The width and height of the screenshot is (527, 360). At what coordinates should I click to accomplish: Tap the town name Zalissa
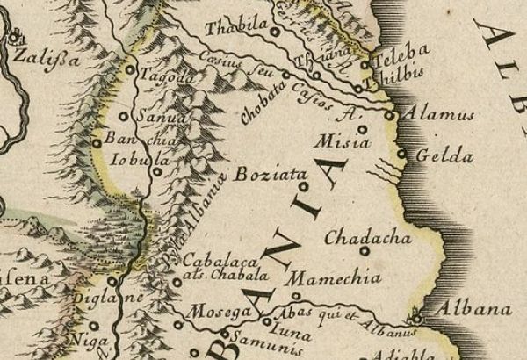point(41,61)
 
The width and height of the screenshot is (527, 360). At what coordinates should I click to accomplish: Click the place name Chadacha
point(357,238)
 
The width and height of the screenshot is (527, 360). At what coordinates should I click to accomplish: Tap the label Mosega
point(209,315)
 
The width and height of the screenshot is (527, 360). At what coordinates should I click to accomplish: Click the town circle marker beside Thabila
point(274,32)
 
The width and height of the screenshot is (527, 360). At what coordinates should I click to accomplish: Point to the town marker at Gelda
point(401,155)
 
